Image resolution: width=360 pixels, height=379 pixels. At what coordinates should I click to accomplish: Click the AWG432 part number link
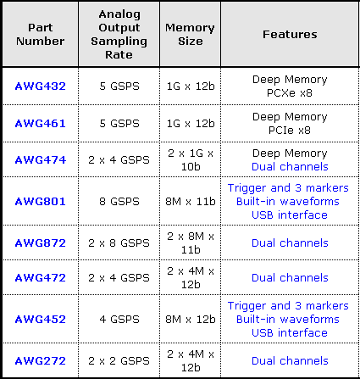click(41, 86)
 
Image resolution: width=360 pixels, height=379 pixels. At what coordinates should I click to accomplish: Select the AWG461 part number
click(41, 124)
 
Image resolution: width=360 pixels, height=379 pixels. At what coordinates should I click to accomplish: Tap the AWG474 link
click(41, 160)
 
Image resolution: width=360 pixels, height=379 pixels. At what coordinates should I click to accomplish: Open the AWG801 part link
click(41, 202)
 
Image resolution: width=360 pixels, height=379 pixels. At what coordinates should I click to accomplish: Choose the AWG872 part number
click(41, 243)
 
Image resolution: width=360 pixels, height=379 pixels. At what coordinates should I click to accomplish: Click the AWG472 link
click(41, 278)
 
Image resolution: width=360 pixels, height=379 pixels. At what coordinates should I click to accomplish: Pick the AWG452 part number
click(41, 320)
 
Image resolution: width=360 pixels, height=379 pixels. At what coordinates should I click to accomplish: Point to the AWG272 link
click(41, 361)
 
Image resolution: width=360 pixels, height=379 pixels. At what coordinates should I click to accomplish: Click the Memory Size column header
click(190, 35)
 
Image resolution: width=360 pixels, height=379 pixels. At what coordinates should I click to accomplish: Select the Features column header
click(290, 35)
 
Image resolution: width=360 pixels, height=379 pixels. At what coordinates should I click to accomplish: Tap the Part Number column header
click(41, 35)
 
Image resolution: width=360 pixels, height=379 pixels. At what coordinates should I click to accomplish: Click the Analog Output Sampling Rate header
click(119, 35)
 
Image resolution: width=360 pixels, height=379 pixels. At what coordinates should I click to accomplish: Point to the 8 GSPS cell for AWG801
click(119, 202)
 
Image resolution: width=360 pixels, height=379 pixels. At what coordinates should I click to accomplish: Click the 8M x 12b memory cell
click(191, 320)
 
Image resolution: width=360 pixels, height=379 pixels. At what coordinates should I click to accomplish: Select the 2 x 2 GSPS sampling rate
click(119, 361)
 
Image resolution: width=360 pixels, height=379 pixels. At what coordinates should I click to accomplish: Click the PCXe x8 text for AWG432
click(290, 93)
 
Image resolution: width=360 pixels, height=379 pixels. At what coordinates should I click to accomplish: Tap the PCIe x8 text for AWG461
click(290, 131)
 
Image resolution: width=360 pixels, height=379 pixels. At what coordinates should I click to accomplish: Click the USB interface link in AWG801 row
click(290, 215)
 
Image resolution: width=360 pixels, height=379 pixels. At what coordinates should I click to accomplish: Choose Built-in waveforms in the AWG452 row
click(288, 320)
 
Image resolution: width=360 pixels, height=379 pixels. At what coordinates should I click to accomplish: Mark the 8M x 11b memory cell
click(191, 202)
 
